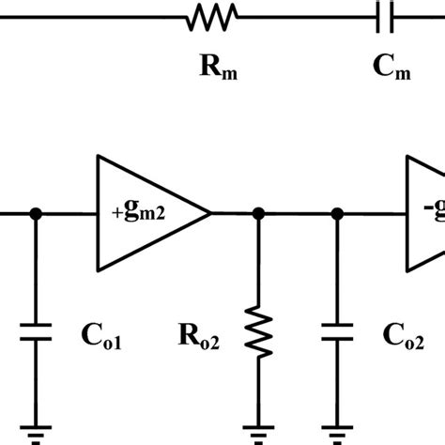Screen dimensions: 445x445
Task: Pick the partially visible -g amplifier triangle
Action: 424,214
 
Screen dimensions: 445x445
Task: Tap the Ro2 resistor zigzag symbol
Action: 259,332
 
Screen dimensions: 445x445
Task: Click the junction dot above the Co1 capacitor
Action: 36,214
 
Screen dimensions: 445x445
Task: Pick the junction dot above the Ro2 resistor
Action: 259,214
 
